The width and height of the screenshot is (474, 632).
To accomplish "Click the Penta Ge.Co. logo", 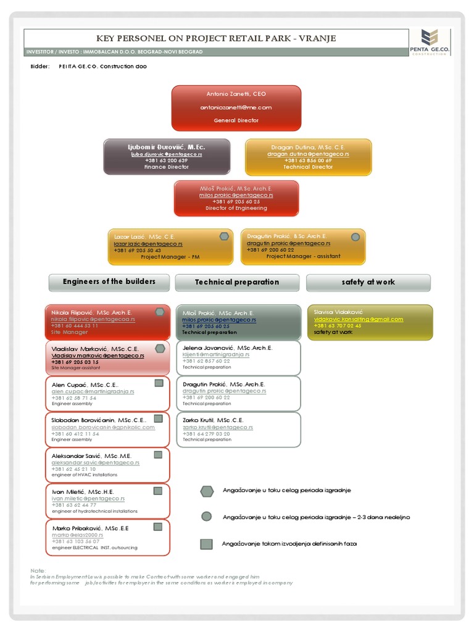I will point(428,41).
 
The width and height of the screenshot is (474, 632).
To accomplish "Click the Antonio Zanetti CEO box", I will point(236,108).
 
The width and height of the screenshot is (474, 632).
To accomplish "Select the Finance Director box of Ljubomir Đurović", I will point(167,157).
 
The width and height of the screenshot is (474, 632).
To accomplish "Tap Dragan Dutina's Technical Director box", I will point(309,157).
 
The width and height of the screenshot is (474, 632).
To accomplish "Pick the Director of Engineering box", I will point(236,198).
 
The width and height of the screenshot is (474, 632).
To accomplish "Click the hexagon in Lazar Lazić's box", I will point(224,236).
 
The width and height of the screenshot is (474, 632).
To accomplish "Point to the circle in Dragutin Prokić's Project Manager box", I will point(355,236).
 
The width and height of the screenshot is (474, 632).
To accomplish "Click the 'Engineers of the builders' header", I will point(109,282).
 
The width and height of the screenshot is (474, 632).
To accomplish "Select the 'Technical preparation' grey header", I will point(237,283).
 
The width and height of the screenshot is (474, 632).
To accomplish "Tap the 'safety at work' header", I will point(368,283).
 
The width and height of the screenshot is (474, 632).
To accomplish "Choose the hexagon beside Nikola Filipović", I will point(160,312).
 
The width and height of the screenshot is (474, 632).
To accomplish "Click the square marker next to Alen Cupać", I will point(159,383).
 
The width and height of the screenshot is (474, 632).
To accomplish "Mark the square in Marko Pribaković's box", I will point(158,526).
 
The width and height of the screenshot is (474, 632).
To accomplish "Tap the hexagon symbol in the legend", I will point(207,491).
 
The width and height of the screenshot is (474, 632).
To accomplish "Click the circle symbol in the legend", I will point(207,517).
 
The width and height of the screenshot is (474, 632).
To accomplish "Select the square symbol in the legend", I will point(207,544).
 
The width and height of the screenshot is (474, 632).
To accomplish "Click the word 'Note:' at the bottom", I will point(38,570).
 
